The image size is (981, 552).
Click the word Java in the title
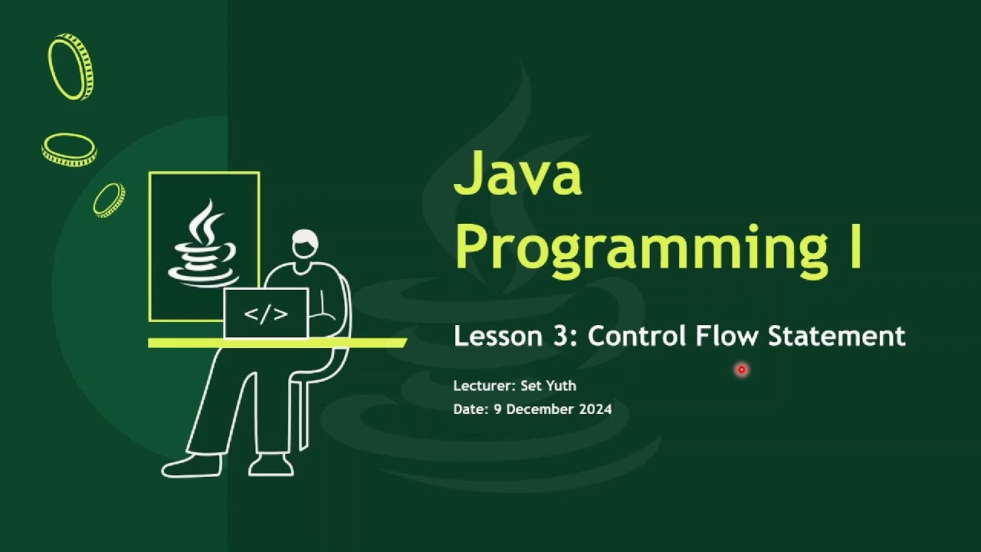point(517,174)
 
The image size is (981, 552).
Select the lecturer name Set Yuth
point(548,386)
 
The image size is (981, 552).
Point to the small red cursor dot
point(741,370)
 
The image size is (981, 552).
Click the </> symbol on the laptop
point(266,314)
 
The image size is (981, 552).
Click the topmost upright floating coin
point(71,67)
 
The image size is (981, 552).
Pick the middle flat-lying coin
point(69,149)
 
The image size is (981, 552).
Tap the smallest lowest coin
point(109,200)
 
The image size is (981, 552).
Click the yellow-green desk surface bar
point(277,343)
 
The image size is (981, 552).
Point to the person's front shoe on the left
point(190,465)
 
